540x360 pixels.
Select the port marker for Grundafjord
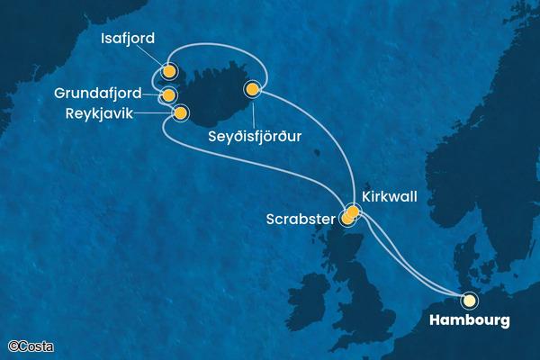[168, 94]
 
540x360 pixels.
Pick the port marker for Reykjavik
[181, 113]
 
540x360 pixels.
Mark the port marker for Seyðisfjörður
[252, 89]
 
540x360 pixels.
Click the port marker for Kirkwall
[353, 212]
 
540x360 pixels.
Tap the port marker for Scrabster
[347, 217]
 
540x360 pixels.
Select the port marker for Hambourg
[468, 301]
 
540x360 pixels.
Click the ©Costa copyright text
[29, 345]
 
